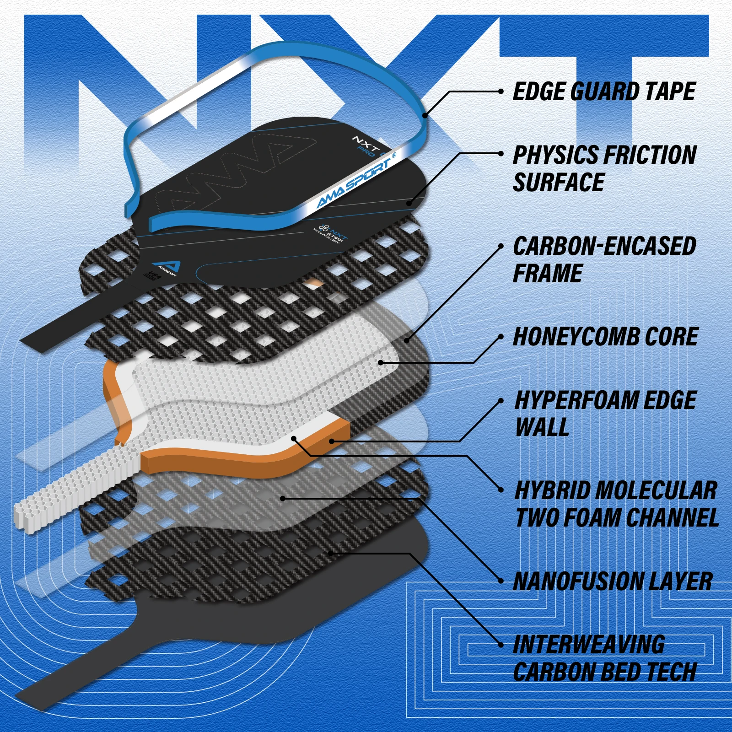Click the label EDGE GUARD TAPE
tap(604, 91)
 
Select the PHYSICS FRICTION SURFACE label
tap(604, 168)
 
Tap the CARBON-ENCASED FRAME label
tap(604, 259)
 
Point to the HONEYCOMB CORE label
tap(605, 337)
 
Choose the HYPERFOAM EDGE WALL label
tap(605, 414)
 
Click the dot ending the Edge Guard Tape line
tap(425, 115)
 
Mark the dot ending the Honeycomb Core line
tap(381, 362)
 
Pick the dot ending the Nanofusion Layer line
tap(283, 498)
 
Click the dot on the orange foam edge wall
tap(332, 441)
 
